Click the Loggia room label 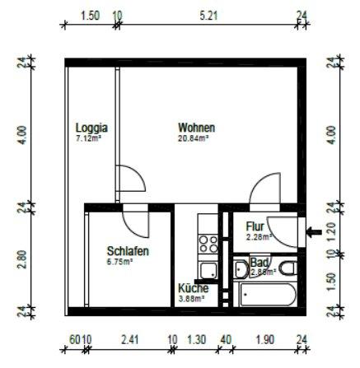pyautogui.click(x=92, y=128)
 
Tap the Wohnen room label pyautogui.click(x=197, y=128)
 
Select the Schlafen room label pyautogui.click(x=128, y=251)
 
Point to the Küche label pyautogui.click(x=194, y=289)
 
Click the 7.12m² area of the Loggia pyautogui.click(x=89, y=138)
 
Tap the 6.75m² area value pyautogui.click(x=119, y=262)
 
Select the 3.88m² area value pyautogui.click(x=192, y=299)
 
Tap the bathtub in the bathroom pyautogui.click(x=264, y=294)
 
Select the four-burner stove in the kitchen pyautogui.click(x=208, y=243)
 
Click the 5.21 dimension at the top pyautogui.click(x=209, y=14)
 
